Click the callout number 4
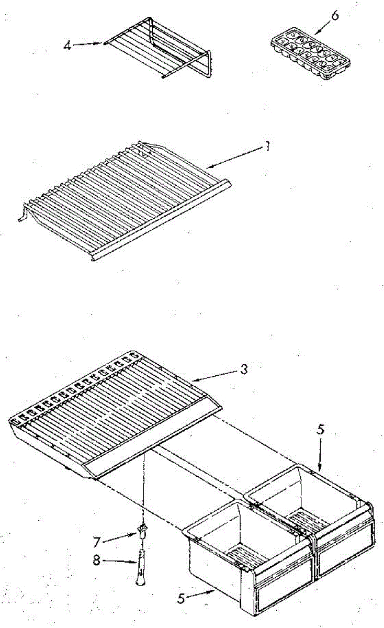67,45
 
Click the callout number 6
335,16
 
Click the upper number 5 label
321,430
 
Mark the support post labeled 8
140,565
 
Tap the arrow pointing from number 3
214,374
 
